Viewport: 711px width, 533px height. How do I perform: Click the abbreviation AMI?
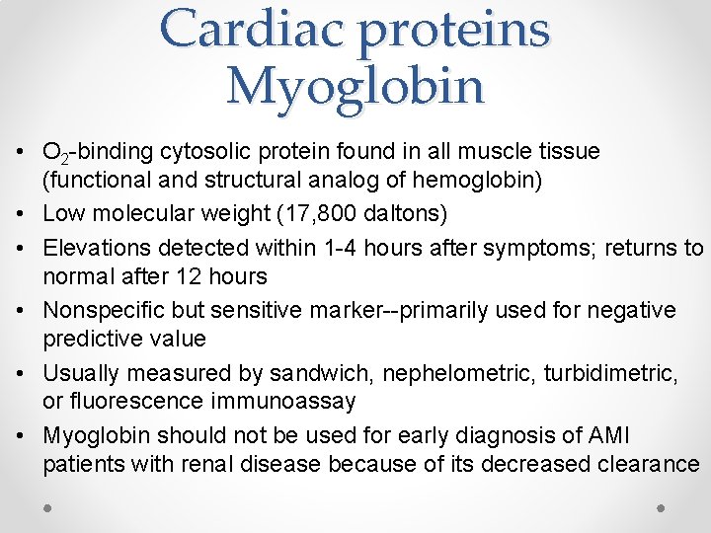point(606,435)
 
